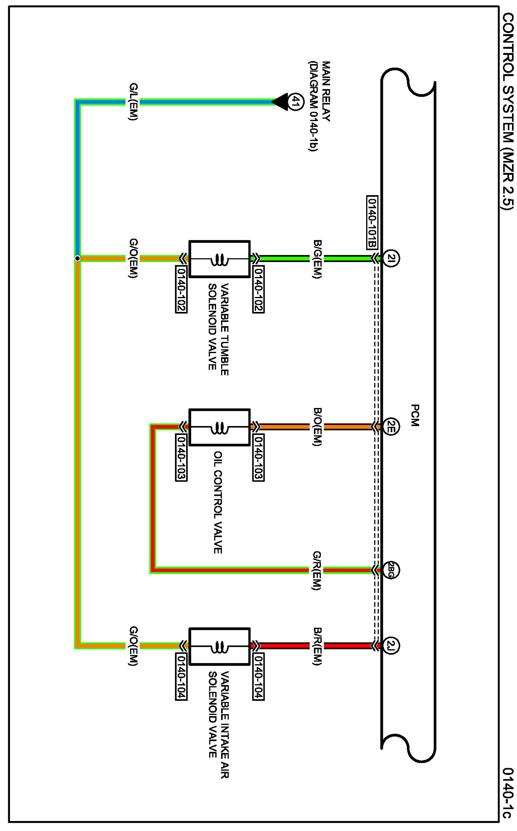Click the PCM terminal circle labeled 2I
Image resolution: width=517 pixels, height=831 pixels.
click(391, 258)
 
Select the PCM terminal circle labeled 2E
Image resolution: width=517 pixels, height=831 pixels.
click(391, 427)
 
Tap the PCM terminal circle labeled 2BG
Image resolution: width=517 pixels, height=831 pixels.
click(391, 570)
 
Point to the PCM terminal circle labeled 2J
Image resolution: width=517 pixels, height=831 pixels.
click(391, 646)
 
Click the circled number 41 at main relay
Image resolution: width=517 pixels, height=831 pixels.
click(296, 101)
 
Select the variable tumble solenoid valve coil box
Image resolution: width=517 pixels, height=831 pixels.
click(219, 259)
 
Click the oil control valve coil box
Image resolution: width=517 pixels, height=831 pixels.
click(219, 427)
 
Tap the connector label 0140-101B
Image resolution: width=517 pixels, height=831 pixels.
click(372, 222)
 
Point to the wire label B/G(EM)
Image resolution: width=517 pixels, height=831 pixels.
click(317, 259)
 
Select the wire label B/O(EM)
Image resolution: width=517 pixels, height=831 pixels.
click(317, 427)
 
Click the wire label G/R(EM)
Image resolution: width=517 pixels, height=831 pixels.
click(317, 570)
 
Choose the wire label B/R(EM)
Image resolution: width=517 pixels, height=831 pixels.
click(317, 646)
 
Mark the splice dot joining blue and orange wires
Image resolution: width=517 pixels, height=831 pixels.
click(77, 258)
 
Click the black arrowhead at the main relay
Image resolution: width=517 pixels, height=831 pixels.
click(280, 101)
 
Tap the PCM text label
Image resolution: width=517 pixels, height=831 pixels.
click(415, 415)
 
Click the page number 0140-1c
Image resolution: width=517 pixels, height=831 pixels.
click(508, 793)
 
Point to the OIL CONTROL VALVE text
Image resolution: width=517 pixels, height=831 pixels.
click(218, 502)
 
